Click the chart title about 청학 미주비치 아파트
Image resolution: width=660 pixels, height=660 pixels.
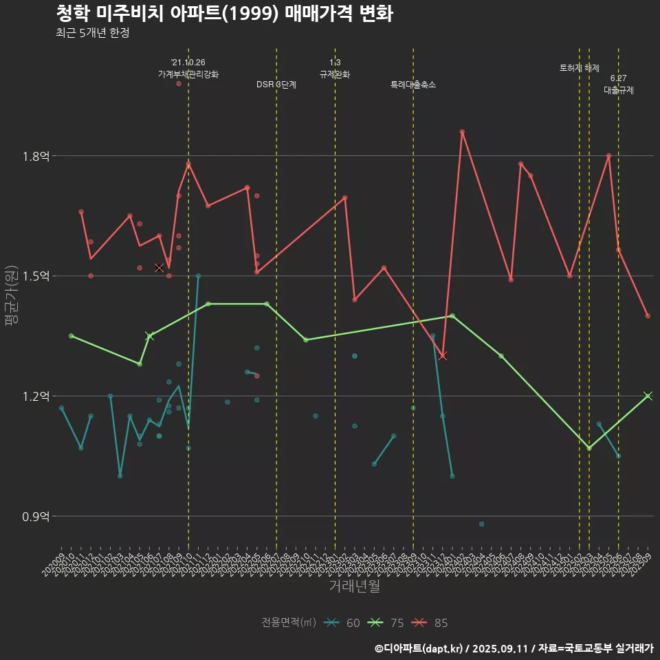point(223,14)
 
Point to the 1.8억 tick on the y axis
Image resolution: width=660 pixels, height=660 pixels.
point(36,156)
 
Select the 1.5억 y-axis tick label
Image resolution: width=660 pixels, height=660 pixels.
point(36,276)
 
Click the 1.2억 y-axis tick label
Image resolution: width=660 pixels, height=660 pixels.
point(36,396)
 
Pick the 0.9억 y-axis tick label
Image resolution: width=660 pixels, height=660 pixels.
point(36,516)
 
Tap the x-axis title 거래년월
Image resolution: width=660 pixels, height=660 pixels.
point(353,586)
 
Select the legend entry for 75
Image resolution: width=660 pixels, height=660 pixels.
point(386,623)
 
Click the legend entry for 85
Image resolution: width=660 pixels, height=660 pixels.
point(430,623)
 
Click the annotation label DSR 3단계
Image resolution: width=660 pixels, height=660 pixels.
point(276,85)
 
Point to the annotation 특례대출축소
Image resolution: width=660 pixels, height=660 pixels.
point(413,85)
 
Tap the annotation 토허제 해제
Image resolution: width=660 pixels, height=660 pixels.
point(580,68)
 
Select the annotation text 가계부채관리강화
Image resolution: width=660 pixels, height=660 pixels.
point(188,74)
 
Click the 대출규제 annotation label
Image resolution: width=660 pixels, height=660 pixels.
point(619,90)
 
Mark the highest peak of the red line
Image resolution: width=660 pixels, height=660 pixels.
point(462,131)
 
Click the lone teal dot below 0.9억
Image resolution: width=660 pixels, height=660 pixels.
point(481,524)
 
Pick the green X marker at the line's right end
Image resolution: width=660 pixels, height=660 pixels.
point(648,395)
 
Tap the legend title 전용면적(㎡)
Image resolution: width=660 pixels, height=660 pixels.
point(289,623)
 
